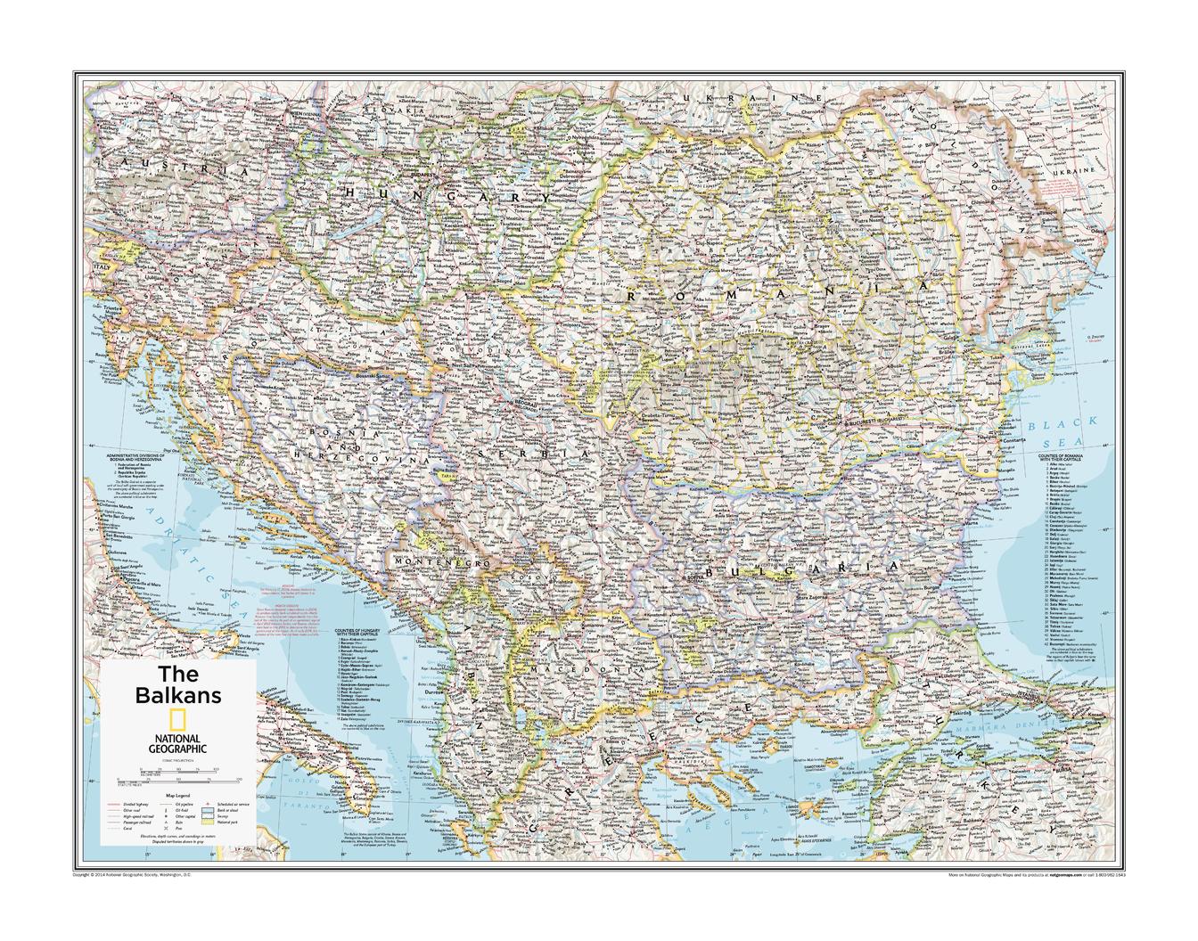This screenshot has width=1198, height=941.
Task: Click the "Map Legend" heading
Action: pos(178,795)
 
